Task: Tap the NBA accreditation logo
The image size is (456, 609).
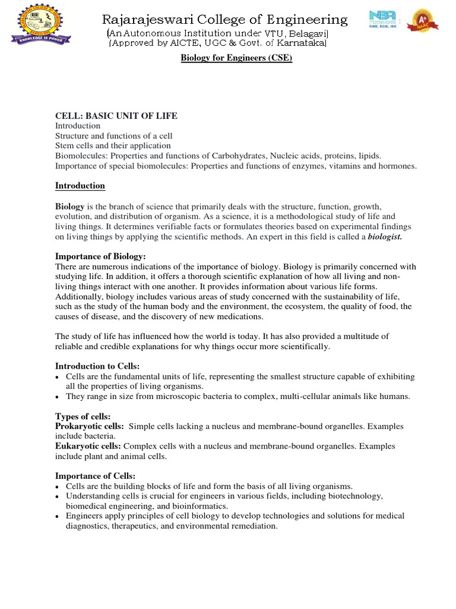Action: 384,25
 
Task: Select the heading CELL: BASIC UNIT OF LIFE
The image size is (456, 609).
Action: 116,115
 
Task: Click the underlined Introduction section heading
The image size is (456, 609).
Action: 80,186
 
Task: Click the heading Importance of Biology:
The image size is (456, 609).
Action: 100,256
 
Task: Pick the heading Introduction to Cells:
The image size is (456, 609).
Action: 97,366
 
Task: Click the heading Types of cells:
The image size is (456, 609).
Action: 83,416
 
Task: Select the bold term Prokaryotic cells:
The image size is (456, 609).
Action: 90,426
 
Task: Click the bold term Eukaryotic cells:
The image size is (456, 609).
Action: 88,446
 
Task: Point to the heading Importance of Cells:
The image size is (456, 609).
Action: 96,476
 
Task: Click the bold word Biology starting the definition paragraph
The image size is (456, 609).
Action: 70,206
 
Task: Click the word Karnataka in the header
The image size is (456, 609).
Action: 300,43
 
